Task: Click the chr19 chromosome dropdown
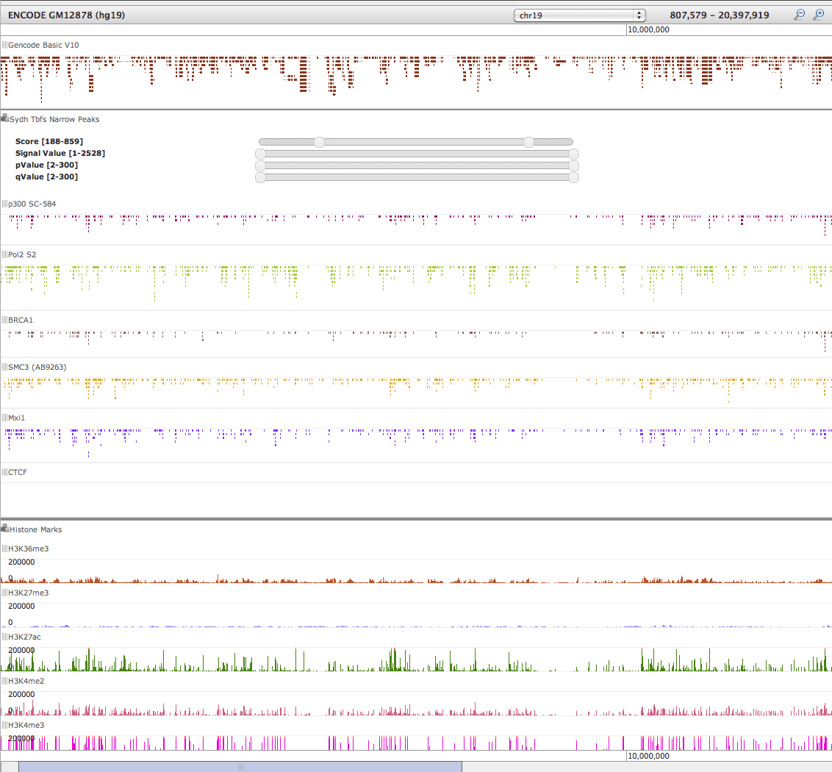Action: [x=578, y=15]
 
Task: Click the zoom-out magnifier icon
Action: [x=800, y=15]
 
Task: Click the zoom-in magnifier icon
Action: [x=818, y=15]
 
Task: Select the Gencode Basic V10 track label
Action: [x=43, y=45]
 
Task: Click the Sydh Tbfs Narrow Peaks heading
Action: [x=54, y=119]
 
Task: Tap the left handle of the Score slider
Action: [x=319, y=142]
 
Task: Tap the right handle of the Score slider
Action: [x=528, y=142]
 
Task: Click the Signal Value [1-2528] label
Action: [x=60, y=153]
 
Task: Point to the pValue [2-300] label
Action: [x=46, y=165]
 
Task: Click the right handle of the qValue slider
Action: [x=574, y=177]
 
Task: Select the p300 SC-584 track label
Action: [x=32, y=204]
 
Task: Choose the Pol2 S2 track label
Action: [x=22, y=254]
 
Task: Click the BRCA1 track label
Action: [x=21, y=320]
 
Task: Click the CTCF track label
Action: [x=18, y=472]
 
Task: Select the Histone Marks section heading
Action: [x=35, y=529]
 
